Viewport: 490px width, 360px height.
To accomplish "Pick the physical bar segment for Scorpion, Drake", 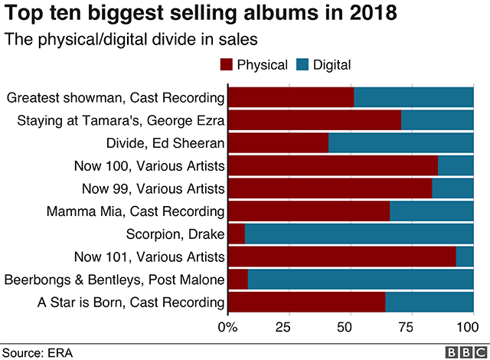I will tap(236, 234).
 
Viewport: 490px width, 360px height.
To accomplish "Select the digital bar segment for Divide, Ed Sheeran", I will tap(400, 143).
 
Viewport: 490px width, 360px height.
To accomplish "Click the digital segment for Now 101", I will tap(465, 257).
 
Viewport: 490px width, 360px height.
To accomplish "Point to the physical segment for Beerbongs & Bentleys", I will tap(238, 280).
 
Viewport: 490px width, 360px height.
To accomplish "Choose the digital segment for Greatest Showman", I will tap(413, 97).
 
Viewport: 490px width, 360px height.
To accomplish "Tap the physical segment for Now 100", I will tap(333, 165).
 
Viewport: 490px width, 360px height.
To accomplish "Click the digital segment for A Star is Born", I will tap(430, 302).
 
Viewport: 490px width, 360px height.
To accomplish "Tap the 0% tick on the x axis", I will tap(228, 328).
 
